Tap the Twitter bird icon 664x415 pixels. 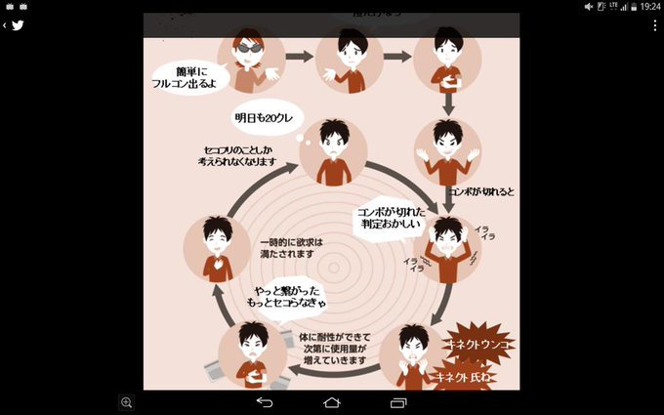[x=18, y=25]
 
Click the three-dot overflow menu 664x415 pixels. [x=654, y=25]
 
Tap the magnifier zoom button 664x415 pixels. [x=126, y=402]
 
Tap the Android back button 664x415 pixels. [x=265, y=402]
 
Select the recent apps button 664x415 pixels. [x=397, y=402]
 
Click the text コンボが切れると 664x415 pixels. [x=480, y=191]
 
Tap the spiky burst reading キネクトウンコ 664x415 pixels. [x=478, y=346]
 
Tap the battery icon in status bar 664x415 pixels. [x=630, y=6]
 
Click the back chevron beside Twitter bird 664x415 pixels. [x=5, y=25]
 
